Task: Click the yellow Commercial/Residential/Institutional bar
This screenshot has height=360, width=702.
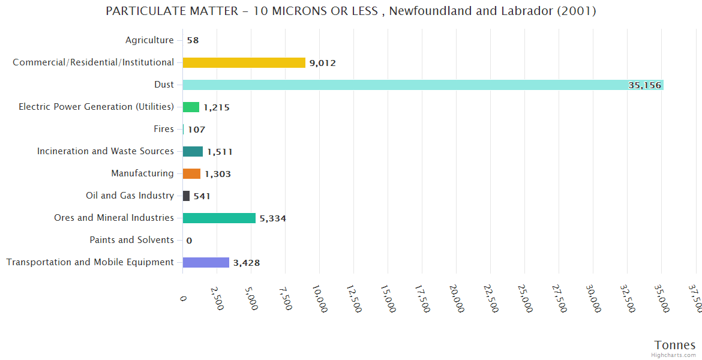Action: coord(244,62)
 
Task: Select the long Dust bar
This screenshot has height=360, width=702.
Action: coord(420,85)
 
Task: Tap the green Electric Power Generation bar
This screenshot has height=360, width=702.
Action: coord(191,107)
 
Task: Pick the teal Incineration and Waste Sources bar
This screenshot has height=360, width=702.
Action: coord(193,151)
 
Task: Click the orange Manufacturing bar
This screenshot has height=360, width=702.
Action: coord(191,173)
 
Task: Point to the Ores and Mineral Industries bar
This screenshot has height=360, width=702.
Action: coord(219,218)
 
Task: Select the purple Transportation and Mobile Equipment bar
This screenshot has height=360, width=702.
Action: coord(206,262)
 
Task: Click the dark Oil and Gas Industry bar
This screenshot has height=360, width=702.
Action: coord(186,196)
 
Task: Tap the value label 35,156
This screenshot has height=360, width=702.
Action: coord(644,85)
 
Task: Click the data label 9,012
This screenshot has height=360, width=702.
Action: coord(322,63)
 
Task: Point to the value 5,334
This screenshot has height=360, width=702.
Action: coord(272,218)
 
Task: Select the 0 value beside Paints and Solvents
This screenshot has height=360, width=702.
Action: coord(189,241)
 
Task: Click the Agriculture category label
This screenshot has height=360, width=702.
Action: coord(149,40)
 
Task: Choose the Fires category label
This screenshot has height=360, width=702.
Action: coord(164,129)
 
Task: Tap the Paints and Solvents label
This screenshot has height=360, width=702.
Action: coord(131,240)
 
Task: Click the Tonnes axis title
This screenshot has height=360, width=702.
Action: coord(674,344)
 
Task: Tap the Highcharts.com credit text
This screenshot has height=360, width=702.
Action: coord(674,355)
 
